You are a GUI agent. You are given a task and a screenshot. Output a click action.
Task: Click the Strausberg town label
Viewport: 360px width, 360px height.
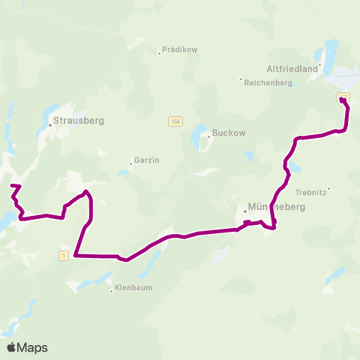coord(79,120)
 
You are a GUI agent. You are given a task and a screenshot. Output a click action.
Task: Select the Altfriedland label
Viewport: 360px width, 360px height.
coord(293,67)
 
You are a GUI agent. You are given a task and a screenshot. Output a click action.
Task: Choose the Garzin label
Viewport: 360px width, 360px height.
coord(146,160)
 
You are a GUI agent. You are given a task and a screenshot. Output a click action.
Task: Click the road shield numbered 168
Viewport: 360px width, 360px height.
coord(175,121)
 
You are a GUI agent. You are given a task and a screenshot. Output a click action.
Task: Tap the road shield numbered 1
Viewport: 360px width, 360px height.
coord(64,256)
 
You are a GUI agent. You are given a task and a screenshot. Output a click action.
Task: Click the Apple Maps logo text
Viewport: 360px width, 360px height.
coord(27,347)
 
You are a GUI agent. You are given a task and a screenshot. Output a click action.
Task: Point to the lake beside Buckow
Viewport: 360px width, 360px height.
coord(199,137)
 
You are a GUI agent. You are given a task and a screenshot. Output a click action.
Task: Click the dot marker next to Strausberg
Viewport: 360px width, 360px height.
coord(50,126)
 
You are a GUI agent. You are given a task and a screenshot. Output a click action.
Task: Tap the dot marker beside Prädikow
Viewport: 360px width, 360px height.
coord(160,52)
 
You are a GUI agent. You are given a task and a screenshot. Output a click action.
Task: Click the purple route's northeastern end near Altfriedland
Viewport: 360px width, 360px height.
coord(342,100)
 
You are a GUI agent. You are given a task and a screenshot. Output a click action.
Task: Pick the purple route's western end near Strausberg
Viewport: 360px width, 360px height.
coord(11,185)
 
